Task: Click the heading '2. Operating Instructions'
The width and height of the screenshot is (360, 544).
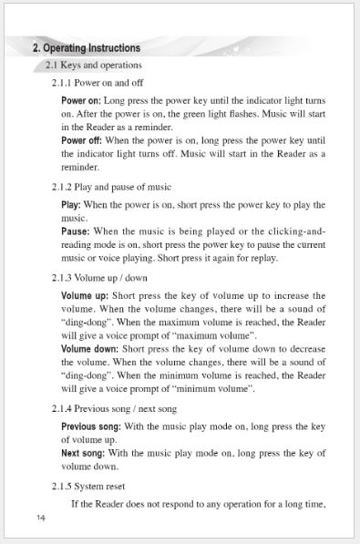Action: (x=87, y=47)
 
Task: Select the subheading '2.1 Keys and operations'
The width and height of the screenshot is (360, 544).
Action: (x=93, y=66)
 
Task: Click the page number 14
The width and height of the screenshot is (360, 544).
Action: (x=41, y=518)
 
